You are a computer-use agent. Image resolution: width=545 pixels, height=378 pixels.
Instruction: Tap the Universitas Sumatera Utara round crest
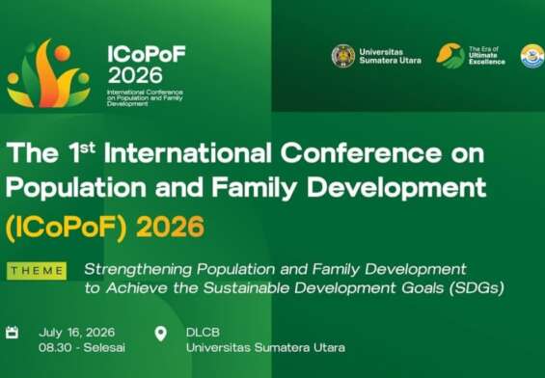[x=342, y=56]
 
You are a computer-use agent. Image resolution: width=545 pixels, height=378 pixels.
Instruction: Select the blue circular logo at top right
[x=531, y=56]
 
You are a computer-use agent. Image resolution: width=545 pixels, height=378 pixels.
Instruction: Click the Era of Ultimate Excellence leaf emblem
[x=450, y=55]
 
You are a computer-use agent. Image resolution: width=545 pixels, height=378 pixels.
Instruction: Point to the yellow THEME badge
[x=37, y=271]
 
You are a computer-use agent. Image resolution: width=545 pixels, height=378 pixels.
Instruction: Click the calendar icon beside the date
[x=13, y=333]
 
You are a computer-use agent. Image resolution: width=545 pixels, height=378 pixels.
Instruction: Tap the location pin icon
[x=160, y=333]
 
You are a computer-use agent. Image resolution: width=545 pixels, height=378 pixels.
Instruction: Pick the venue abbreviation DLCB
[x=204, y=332]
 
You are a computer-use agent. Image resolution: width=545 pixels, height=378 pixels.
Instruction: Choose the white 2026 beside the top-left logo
[x=135, y=75]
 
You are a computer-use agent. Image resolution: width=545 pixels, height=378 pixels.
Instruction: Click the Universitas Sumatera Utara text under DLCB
[x=265, y=346]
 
